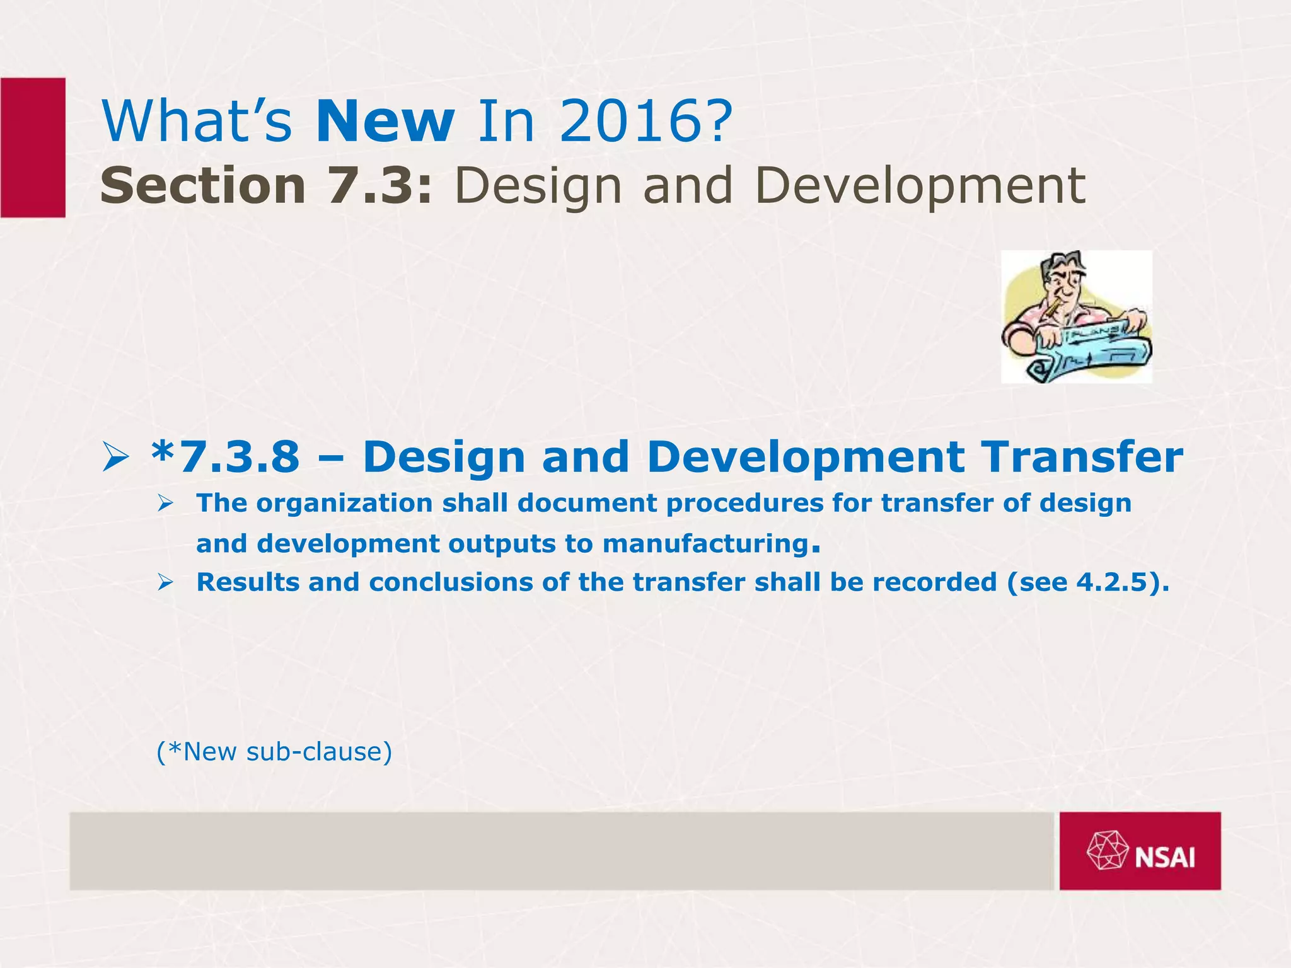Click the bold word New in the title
coord(385,121)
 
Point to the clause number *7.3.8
coord(226,457)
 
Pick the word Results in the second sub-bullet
coord(248,582)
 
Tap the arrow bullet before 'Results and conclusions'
coord(165,583)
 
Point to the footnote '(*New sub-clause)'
coord(274,751)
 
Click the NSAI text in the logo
coord(1165,858)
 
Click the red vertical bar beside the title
coord(33,147)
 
